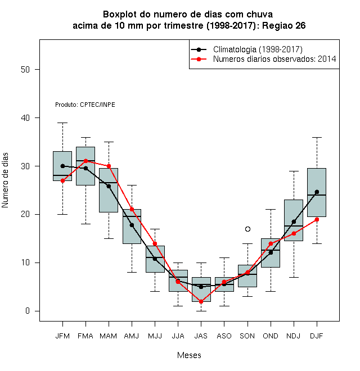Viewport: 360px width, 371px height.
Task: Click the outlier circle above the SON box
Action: point(247,229)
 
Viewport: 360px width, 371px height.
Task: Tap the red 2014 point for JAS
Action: point(201,302)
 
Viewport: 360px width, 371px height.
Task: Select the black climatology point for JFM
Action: point(62,166)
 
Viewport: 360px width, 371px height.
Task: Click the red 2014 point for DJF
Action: point(317,220)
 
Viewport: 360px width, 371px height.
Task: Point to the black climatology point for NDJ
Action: point(294,221)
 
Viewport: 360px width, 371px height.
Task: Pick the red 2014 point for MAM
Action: point(109,166)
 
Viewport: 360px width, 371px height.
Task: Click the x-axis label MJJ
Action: point(155,336)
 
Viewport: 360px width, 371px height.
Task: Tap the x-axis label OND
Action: point(271,336)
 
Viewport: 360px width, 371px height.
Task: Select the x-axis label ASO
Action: point(224,336)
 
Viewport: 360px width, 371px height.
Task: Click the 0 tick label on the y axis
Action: point(28,311)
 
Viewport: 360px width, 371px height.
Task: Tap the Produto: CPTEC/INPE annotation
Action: point(85,105)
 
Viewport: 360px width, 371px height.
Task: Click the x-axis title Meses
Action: point(189,355)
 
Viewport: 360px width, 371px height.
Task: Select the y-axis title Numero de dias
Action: point(5,180)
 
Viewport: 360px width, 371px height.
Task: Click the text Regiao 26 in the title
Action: point(283,25)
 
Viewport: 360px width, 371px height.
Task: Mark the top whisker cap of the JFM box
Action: point(62,123)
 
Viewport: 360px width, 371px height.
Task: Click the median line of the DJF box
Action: point(317,195)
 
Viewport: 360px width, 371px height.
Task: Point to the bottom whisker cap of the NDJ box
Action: point(294,277)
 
